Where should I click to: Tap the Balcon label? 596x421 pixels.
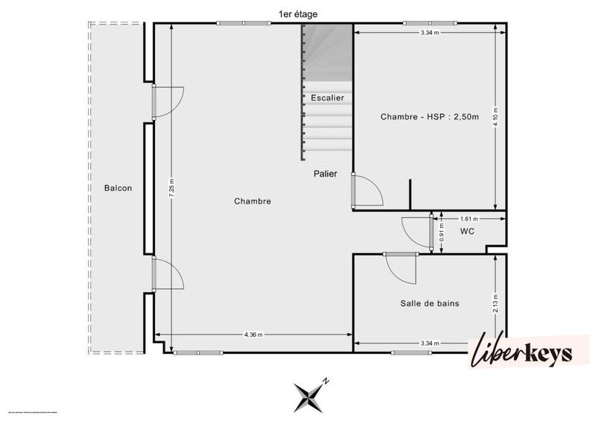coord(118,188)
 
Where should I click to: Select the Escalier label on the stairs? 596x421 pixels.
coord(326,98)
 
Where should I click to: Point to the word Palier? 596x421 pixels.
coord(325,174)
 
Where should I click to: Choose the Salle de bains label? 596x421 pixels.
coord(429,303)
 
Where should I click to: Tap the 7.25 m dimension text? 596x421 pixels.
coord(172,187)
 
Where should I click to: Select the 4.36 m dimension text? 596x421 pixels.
coord(253,335)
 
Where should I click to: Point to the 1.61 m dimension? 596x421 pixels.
coord(469,219)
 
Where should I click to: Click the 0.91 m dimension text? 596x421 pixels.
coord(441,233)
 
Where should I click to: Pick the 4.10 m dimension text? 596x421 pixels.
coord(495,117)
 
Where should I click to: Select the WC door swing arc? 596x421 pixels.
coord(416,231)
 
